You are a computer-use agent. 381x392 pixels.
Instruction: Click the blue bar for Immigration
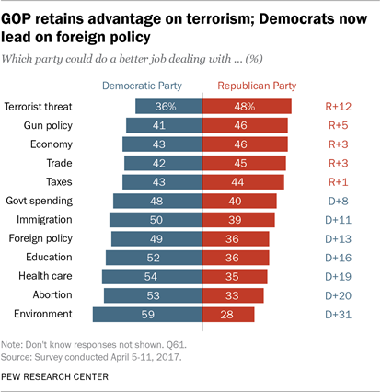pos(155,219)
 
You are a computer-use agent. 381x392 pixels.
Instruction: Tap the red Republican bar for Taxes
pos(244,180)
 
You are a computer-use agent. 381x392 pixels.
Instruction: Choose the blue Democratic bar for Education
pos(154,257)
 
